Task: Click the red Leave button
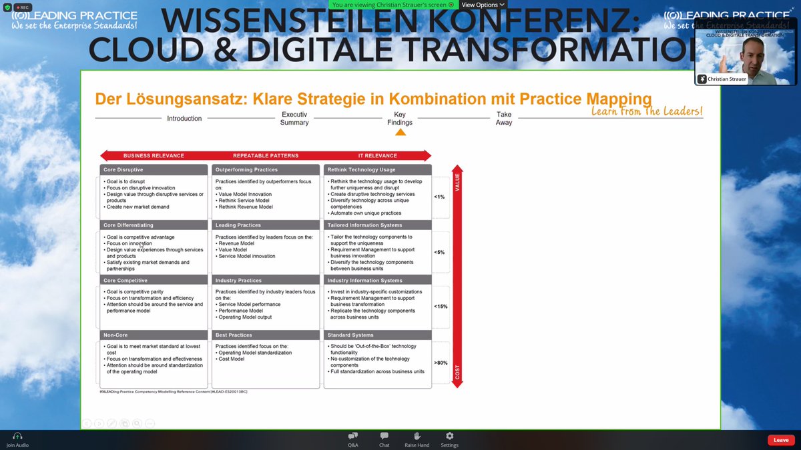[x=781, y=440]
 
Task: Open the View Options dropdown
[x=483, y=5]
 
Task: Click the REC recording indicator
[x=23, y=7]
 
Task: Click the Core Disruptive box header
[x=154, y=170]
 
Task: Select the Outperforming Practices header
[x=265, y=170]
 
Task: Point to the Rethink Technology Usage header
[x=377, y=170]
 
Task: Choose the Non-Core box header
[x=154, y=335]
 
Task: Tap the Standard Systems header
[x=377, y=335]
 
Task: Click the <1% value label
[x=439, y=197]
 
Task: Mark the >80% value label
[x=441, y=363]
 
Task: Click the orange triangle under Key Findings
[x=400, y=132]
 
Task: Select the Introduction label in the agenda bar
[x=184, y=119]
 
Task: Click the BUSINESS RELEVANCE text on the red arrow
[x=154, y=155]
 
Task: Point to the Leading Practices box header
[x=265, y=225]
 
